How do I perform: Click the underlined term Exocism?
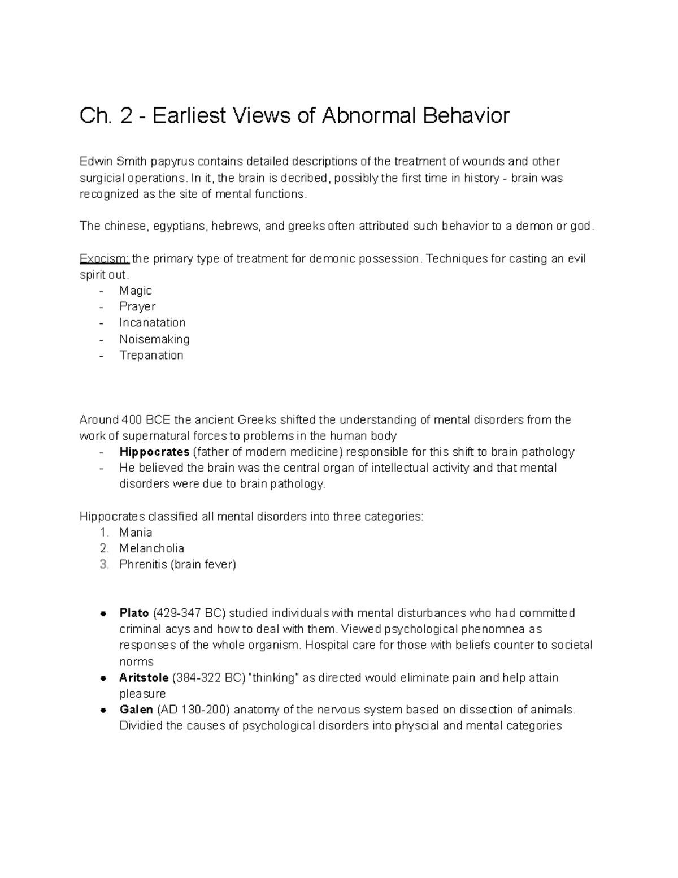(x=105, y=259)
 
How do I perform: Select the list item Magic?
(x=136, y=291)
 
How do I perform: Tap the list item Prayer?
(x=137, y=306)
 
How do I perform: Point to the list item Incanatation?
(x=153, y=323)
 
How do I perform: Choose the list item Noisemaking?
(x=154, y=339)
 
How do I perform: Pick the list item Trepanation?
(x=151, y=355)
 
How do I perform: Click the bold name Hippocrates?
(x=154, y=452)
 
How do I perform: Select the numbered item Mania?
(x=136, y=533)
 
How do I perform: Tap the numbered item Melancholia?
(x=151, y=548)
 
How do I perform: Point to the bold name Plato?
(x=134, y=613)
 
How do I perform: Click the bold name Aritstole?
(x=144, y=678)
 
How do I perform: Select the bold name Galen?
(x=136, y=710)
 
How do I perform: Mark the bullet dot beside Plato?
(x=103, y=613)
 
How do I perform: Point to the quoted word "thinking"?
(x=274, y=678)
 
